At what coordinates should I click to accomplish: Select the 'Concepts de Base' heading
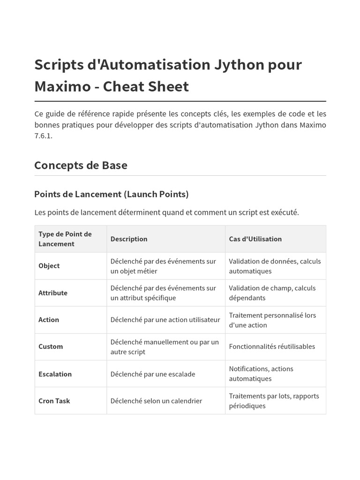[81, 165]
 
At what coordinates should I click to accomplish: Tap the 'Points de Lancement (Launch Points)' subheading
[112, 194]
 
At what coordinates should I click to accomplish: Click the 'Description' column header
[129, 239]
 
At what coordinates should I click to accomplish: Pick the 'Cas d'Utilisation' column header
[255, 239]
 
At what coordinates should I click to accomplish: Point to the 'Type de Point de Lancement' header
[65, 239]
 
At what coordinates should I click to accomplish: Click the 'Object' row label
[49, 266]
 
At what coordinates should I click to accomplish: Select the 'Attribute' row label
[53, 293]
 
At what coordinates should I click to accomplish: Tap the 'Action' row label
[49, 320]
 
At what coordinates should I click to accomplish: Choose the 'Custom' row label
[51, 346]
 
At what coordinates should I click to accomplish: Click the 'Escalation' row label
[55, 374]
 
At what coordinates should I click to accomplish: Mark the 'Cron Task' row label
[54, 401]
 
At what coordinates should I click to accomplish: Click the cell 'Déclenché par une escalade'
[153, 374]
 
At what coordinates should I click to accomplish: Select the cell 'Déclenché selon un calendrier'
[156, 401]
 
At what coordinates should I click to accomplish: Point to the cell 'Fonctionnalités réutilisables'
[272, 346]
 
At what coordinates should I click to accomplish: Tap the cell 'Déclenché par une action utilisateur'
[165, 320]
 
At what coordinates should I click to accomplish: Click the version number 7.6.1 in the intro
[44, 136]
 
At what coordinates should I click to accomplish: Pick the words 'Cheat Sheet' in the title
[146, 87]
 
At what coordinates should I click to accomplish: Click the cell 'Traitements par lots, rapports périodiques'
[274, 401]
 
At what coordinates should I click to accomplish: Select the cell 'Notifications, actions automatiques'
[261, 374]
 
